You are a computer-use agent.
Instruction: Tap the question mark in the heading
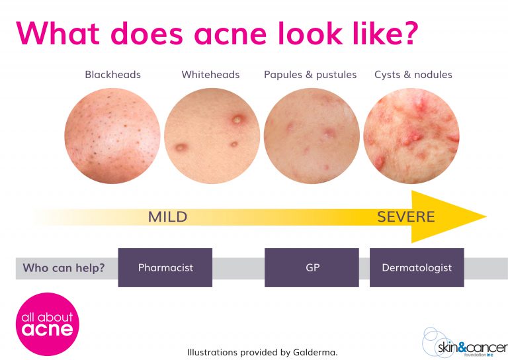tap(409, 33)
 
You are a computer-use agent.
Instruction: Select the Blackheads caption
tap(112, 75)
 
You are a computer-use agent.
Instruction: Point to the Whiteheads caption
tap(210, 75)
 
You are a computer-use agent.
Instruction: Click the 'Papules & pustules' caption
tap(310, 75)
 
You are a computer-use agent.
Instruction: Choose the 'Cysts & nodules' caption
tap(413, 75)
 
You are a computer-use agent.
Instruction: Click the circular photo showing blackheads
tap(112, 136)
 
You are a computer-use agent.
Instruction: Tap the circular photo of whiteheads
tap(212, 136)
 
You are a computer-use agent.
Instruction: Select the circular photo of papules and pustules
tap(312, 136)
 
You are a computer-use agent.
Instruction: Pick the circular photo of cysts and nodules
tap(411, 136)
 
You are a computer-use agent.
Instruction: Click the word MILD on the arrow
tap(167, 217)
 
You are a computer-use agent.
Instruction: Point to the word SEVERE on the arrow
tap(406, 217)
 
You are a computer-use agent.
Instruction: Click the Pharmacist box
tap(165, 268)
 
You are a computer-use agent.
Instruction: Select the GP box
tap(312, 268)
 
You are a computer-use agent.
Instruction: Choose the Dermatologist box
tap(417, 268)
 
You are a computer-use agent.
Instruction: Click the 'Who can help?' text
tap(64, 268)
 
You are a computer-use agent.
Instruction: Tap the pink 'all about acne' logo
tap(47, 324)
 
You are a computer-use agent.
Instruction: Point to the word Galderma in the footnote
tap(314, 353)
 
